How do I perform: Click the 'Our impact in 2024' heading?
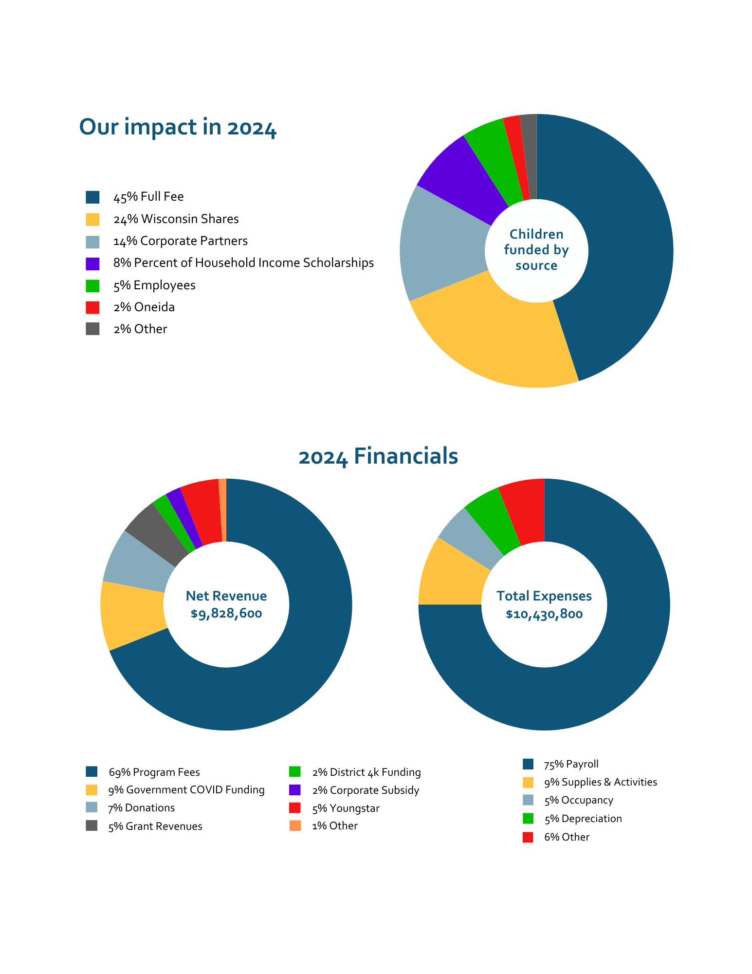(x=178, y=128)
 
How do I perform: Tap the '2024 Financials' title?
(x=378, y=457)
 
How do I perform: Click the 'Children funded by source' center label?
(x=536, y=250)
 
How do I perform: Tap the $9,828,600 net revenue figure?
(x=226, y=614)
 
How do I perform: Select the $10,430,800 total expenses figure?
(x=544, y=614)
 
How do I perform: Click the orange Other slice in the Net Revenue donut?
(x=223, y=509)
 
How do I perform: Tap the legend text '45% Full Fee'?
(x=148, y=197)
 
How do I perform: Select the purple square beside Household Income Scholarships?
(x=92, y=263)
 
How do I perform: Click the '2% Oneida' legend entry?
(x=144, y=307)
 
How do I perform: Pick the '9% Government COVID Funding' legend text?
(x=186, y=790)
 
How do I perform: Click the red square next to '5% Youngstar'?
(x=295, y=808)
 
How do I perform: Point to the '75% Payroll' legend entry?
(x=571, y=764)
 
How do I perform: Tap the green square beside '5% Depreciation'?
(x=528, y=819)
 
